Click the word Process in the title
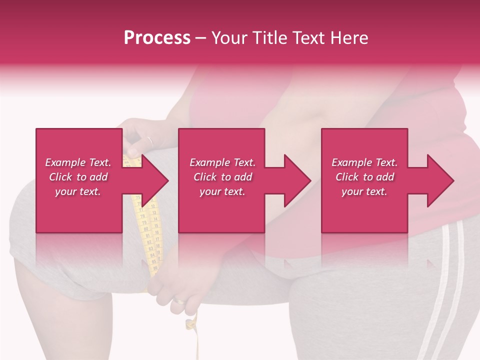157,38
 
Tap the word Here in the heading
348,38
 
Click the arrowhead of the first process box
155,180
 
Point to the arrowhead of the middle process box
298,180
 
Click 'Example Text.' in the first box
78,162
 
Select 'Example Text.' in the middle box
222,162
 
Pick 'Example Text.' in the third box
364,162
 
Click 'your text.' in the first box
78,191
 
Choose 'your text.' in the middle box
222,191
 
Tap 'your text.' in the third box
364,191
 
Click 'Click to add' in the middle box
222,177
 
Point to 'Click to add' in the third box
364,177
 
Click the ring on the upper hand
149,141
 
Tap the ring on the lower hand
179,301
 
